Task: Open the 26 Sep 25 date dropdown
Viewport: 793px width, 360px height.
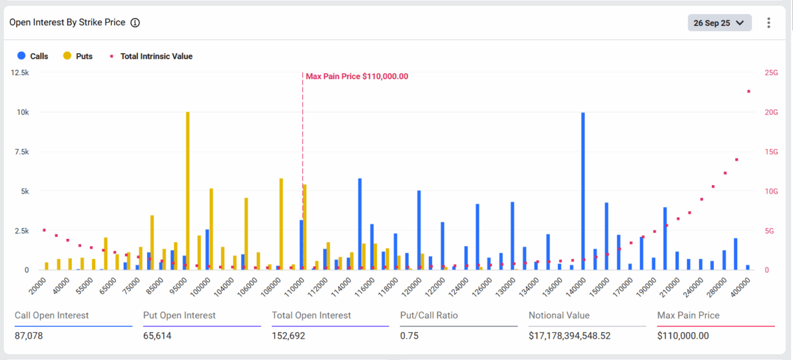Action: click(719, 23)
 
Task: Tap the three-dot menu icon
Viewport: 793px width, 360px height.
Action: click(769, 23)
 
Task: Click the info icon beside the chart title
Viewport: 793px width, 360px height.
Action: click(135, 23)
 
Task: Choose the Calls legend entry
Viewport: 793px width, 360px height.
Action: click(33, 56)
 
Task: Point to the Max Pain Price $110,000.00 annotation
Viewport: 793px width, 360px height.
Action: click(357, 76)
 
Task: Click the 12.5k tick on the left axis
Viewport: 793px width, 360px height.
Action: click(19, 73)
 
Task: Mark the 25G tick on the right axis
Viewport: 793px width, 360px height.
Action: click(771, 73)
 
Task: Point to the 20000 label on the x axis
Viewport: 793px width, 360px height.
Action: click(37, 284)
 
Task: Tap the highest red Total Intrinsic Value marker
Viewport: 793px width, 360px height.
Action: click(748, 91)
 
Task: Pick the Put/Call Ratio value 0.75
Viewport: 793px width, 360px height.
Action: click(409, 336)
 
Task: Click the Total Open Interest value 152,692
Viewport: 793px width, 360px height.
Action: click(288, 336)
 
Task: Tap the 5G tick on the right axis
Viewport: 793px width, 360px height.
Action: click(770, 231)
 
